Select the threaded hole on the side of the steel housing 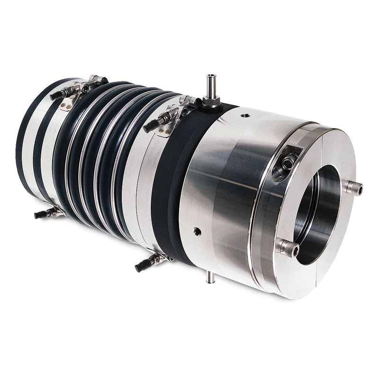pos(197,232)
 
